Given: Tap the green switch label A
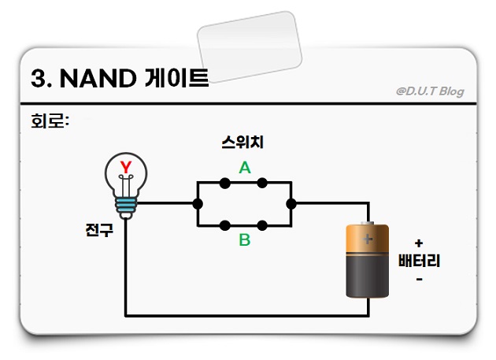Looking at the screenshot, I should pyautogui.click(x=245, y=168).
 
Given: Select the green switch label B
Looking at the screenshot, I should pyautogui.click(x=245, y=240).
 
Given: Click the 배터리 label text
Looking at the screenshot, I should pyautogui.click(x=419, y=261).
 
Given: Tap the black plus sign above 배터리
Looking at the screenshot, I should pyautogui.click(x=419, y=243).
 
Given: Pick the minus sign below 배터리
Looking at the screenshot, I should pyautogui.click(x=419, y=278).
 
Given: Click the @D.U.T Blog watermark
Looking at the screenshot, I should pyautogui.click(x=430, y=91).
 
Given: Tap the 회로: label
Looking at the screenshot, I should pyautogui.click(x=50, y=122).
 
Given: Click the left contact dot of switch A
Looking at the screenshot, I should pyautogui.click(x=225, y=183).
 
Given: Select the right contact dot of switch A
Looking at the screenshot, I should pyautogui.click(x=262, y=183).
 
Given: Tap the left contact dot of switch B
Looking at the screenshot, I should pyautogui.click(x=225, y=224).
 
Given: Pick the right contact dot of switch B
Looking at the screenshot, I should pyautogui.click(x=262, y=224).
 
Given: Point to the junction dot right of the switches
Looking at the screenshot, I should pyautogui.click(x=291, y=203).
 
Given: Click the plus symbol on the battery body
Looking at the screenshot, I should pyautogui.click(x=368, y=237).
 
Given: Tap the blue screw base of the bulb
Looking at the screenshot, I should pyautogui.click(x=125, y=206).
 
